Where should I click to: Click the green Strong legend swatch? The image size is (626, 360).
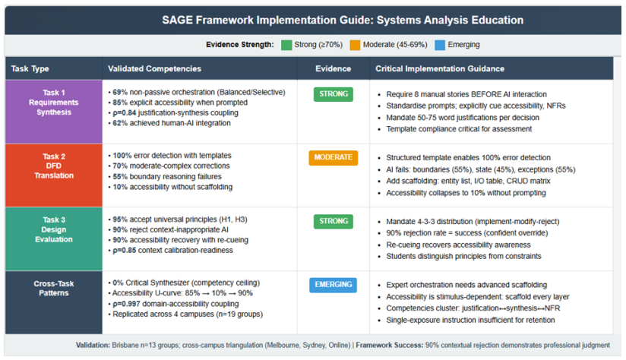tap(286, 45)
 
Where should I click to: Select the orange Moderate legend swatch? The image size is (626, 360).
tap(355, 45)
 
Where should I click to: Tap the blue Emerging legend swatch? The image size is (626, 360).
tap(440, 45)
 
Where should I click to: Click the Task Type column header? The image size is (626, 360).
tap(30, 68)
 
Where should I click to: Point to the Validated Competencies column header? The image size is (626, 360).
tap(154, 68)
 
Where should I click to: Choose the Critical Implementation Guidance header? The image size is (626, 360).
tap(440, 68)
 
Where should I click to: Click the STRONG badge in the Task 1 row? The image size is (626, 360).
tap(334, 94)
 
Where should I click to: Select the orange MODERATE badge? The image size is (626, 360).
tap(333, 158)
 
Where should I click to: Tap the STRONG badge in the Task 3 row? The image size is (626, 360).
tap(334, 221)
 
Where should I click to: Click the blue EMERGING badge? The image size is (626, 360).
tap(333, 285)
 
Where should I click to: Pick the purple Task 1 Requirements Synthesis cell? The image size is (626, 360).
tap(54, 112)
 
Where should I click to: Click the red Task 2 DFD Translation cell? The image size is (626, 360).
tap(54, 175)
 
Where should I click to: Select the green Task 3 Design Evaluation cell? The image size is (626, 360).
tap(54, 239)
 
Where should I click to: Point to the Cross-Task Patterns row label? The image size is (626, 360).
tap(54, 288)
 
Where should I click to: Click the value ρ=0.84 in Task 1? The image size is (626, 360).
tap(124, 113)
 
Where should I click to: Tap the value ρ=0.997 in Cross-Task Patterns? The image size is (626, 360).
tap(126, 304)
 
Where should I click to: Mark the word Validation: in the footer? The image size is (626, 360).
tap(93, 346)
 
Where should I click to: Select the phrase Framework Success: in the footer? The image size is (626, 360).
tap(389, 346)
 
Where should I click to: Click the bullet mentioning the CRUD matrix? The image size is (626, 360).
tap(468, 182)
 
